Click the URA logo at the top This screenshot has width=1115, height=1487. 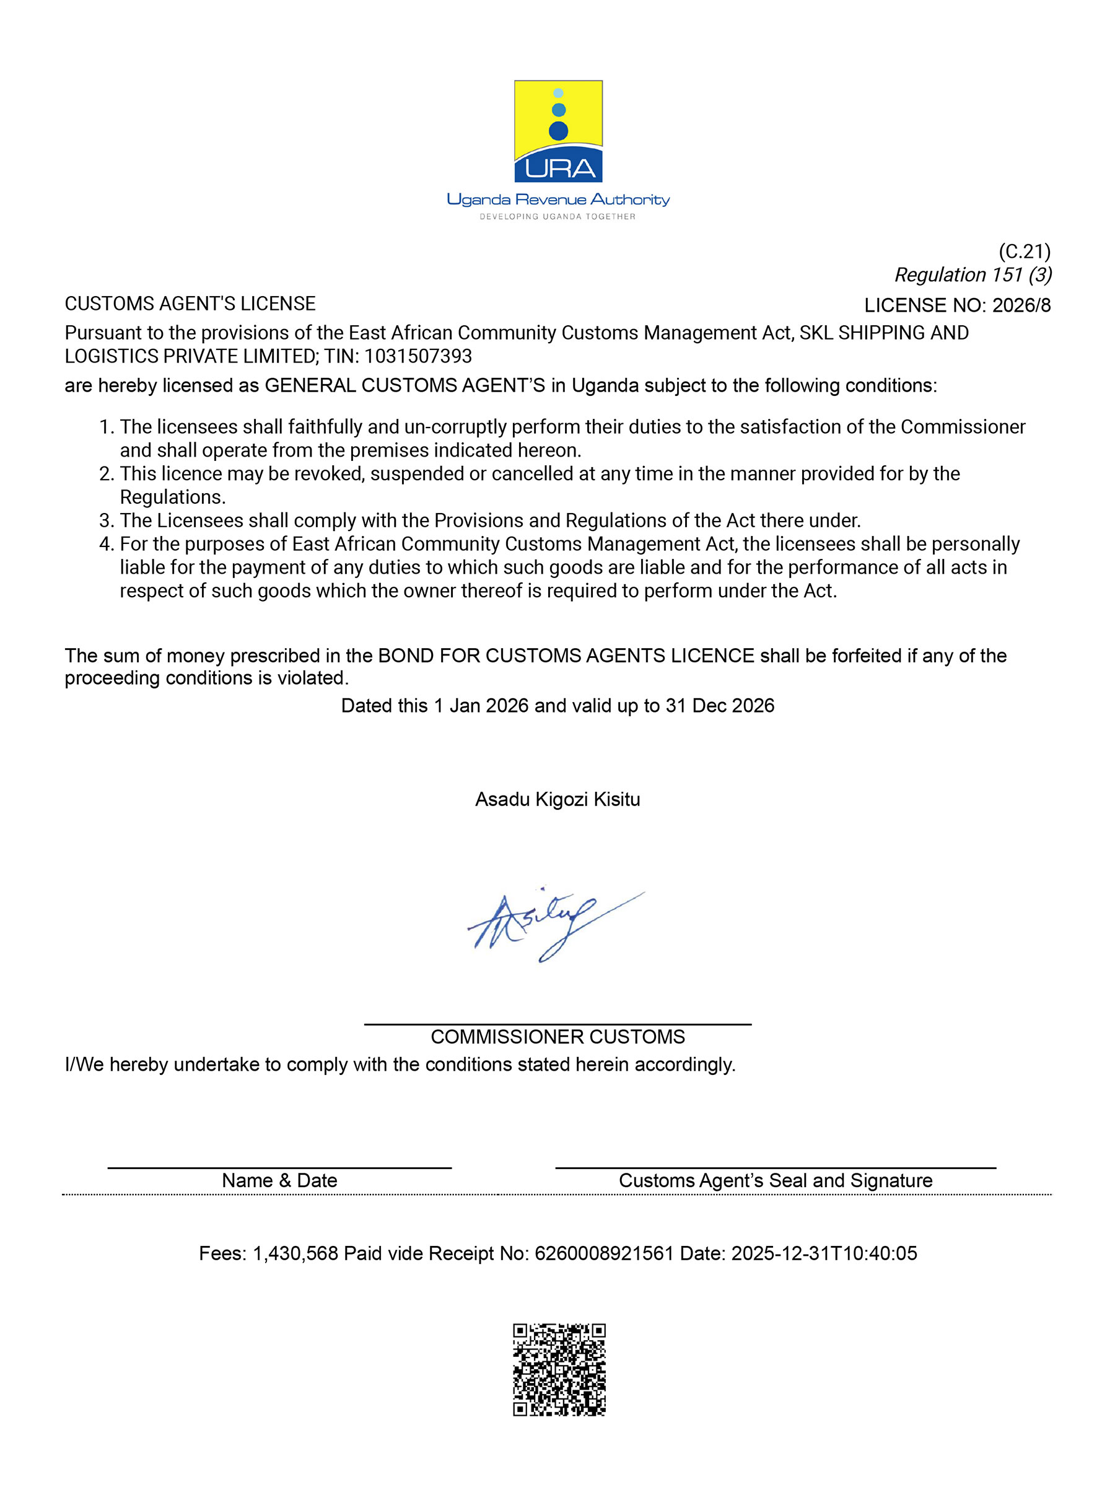point(558,131)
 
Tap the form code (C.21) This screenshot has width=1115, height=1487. point(1023,252)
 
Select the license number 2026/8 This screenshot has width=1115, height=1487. point(1021,305)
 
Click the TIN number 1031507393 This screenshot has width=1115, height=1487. point(418,356)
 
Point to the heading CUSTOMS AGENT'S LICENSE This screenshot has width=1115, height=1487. point(190,304)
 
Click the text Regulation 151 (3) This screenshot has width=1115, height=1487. point(973,275)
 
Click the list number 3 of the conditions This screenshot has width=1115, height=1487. point(105,520)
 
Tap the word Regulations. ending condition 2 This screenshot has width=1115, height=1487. point(173,497)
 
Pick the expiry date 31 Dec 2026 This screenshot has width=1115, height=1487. point(720,705)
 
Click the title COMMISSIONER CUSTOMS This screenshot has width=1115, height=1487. point(558,1037)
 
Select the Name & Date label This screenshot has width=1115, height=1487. point(279,1180)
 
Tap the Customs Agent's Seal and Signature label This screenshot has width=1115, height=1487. point(775,1180)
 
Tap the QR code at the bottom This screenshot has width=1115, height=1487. point(559,1369)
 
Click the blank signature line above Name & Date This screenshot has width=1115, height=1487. point(279,1168)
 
